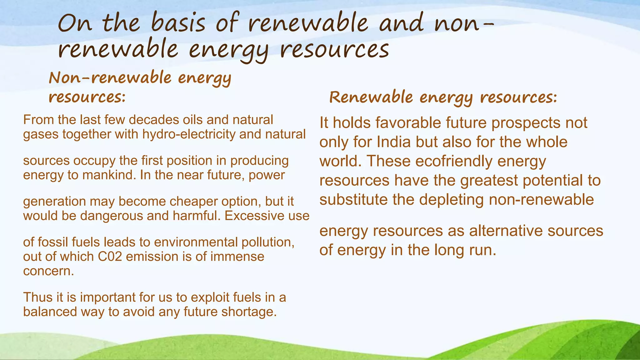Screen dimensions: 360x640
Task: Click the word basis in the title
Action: tap(178, 23)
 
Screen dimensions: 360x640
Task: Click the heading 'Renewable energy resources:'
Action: tap(443, 97)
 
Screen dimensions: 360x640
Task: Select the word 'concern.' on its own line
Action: tap(48, 271)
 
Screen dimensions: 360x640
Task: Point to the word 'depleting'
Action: tap(451, 200)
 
